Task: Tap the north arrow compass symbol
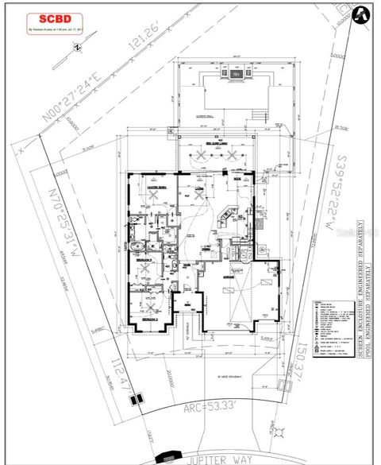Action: pos(361,14)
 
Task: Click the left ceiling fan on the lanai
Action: pos(194,156)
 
